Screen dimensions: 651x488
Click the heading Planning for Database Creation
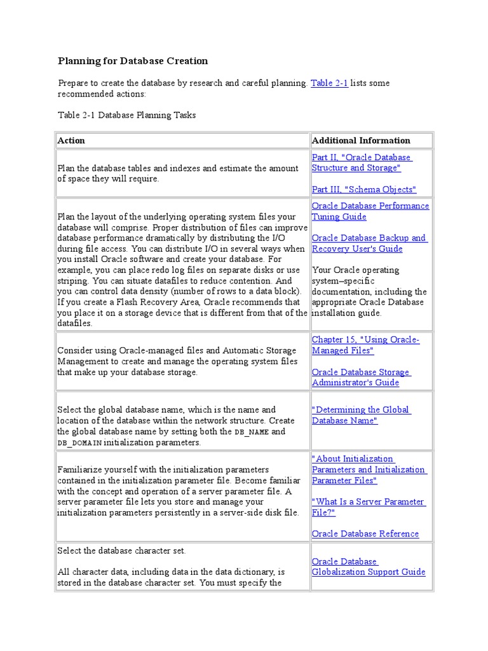coord(133,61)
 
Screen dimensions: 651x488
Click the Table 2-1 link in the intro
coord(329,83)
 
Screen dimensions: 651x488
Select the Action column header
coord(71,140)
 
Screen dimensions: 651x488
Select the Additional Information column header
coord(361,140)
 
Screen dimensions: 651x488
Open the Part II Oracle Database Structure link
coord(361,163)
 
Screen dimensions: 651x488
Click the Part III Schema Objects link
coord(363,189)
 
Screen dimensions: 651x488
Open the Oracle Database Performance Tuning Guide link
coord(370,212)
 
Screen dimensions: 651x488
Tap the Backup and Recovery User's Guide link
coord(369,243)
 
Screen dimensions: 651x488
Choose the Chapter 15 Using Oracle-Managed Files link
coord(365,345)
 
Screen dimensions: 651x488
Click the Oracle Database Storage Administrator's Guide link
coord(361,377)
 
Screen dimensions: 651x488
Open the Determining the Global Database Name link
coord(360,415)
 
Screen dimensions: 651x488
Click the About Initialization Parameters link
coord(369,469)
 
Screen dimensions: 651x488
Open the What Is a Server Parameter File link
coord(368,507)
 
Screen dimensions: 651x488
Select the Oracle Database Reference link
coord(365,533)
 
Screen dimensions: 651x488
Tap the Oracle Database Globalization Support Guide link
coord(368,566)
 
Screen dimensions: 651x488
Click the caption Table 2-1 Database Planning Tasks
coord(126,115)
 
